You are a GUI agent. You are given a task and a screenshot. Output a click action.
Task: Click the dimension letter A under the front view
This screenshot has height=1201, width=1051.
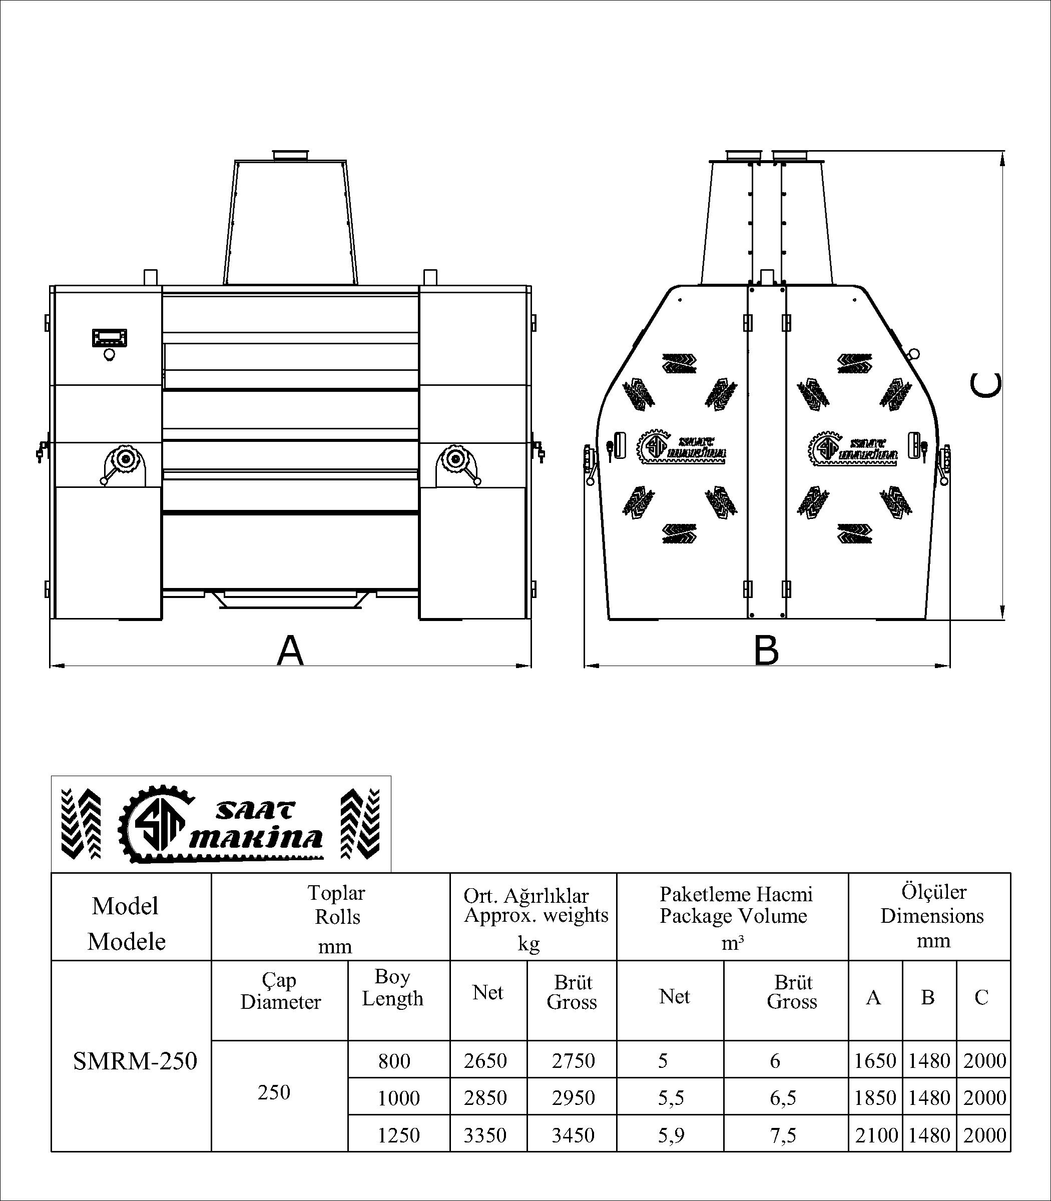point(290,651)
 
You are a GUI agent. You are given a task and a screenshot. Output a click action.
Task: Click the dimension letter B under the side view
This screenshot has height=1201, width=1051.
point(766,651)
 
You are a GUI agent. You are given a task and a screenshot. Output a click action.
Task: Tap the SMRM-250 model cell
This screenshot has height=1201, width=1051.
point(135,1061)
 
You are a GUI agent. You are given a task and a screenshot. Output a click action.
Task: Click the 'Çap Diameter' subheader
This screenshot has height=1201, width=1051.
point(280,991)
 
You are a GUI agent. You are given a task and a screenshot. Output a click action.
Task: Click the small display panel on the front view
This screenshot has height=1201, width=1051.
point(109,338)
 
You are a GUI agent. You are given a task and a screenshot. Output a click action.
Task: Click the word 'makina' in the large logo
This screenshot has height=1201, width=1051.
point(256,839)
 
